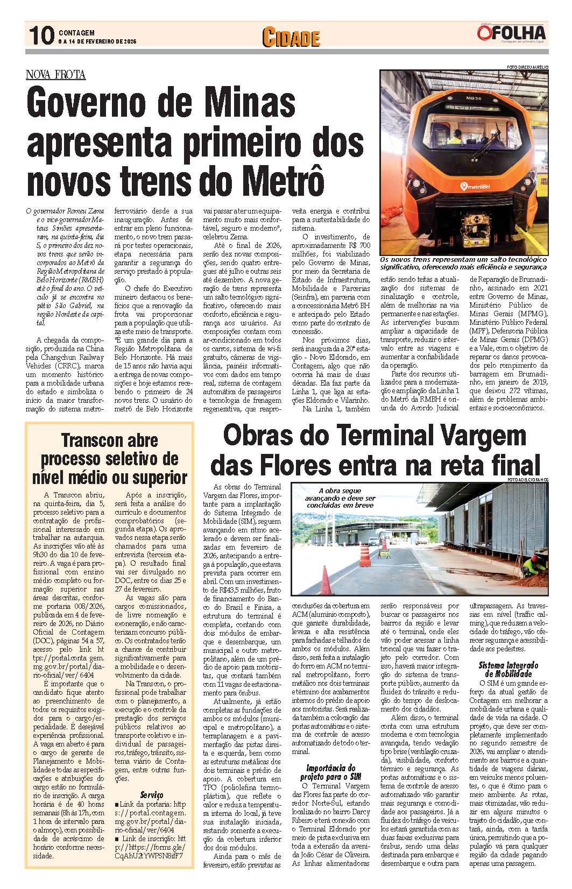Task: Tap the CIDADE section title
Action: [291, 38]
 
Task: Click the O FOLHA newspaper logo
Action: [511, 33]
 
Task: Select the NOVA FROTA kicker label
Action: [55, 75]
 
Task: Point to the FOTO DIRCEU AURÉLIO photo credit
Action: [527, 67]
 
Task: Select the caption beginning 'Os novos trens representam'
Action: [463, 263]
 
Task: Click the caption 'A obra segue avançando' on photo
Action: [347, 498]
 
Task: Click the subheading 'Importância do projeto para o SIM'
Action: [330, 772]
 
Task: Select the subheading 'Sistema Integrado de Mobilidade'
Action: [508, 670]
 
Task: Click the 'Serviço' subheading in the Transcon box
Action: [151, 794]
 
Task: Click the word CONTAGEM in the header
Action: [77, 33]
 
